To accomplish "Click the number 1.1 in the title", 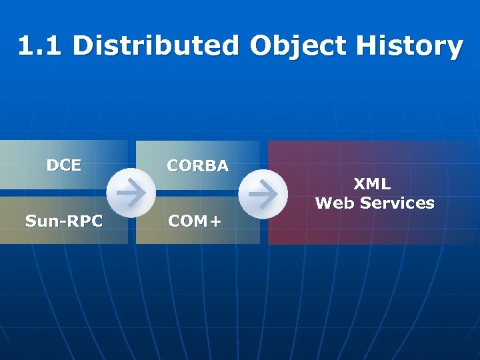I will pyautogui.click(x=41, y=46).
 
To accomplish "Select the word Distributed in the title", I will pyautogui.click(x=155, y=46).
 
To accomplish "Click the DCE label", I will pyautogui.click(x=63, y=165).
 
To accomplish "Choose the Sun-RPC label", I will pyautogui.click(x=63, y=221).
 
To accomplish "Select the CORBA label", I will pyautogui.click(x=197, y=166).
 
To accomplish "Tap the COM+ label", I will pyautogui.click(x=193, y=221).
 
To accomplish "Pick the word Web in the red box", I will pyautogui.click(x=335, y=203).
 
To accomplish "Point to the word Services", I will pyautogui.click(x=397, y=203).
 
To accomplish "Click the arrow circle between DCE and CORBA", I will pyautogui.click(x=132, y=193).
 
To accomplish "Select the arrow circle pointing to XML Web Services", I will pyautogui.click(x=263, y=193).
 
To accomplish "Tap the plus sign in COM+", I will pyautogui.click(x=213, y=221).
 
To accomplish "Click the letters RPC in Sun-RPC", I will pyautogui.click(x=85, y=221).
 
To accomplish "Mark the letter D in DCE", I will pyautogui.click(x=52, y=165).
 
